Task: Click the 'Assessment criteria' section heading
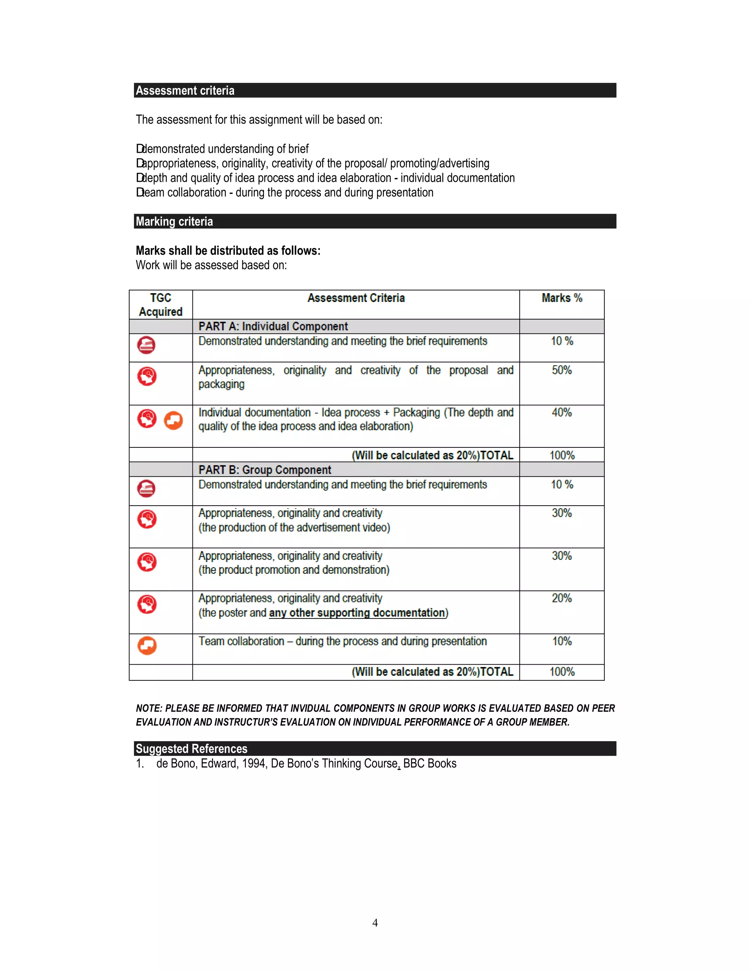[185, 91]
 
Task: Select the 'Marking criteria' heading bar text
[175, 221]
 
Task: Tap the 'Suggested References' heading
[191, 749]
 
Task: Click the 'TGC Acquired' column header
[161, 304]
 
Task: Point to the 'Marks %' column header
[561, 298]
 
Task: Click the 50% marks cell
[561, 370]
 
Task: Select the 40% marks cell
[561, 413]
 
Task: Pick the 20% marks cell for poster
[561, 598]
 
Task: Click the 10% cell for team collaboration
[561, 641]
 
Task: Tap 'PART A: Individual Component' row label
[273, 326]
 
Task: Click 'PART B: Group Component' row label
[265, 470]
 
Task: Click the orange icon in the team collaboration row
[147, 646]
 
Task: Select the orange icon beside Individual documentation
[173, 420]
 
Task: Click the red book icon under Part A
[146, 345]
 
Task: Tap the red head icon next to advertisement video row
[147, 519]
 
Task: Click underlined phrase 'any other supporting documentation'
[357, 613]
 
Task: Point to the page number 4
[375, 923]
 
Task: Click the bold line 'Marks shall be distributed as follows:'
[228, 251]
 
